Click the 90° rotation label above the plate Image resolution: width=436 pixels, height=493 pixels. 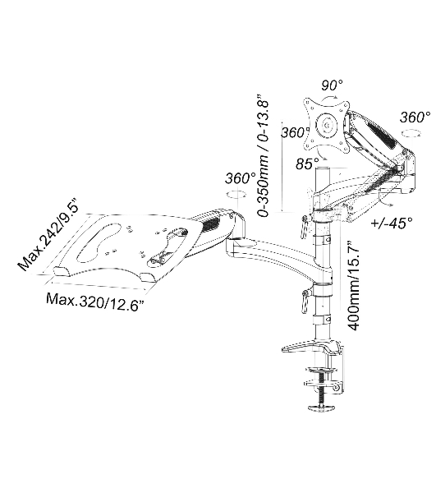(332, 85)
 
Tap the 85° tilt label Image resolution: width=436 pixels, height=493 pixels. (307, 164)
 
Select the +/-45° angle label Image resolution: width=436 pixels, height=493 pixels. (392, 223)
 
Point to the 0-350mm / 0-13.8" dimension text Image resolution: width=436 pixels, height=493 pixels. (263, 154)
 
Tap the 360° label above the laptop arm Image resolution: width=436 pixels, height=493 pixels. (241, 178)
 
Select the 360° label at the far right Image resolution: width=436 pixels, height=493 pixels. (415, 117)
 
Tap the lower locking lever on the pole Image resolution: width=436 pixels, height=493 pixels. (305, 302)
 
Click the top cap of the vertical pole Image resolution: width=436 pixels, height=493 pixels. (324, 169)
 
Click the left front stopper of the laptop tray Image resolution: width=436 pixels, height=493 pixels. (62, 272)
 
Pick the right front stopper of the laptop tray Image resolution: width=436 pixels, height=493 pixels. (148, 278)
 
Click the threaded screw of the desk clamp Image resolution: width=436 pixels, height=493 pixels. (322, 388)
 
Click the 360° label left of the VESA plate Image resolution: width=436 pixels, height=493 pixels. (293, 132)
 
